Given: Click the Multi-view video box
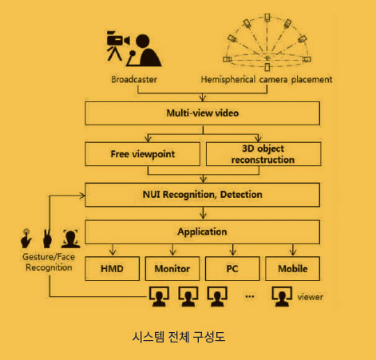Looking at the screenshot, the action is pos(202,113).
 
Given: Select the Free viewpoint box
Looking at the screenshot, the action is pos(143,154).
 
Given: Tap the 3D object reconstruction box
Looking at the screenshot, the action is pos(263,154).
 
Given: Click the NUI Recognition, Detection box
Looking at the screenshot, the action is pos(202,195).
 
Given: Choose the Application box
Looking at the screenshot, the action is pos(202,231).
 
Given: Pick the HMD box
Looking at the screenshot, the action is pos(112,268).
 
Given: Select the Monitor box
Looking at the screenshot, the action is pos(172,268).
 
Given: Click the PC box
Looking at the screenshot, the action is pos(232,268).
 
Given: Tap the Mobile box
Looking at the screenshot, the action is pos(293,268).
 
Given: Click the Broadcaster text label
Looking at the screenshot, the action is pos(134,79).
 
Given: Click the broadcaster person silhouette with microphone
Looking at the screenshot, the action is pos(144,50).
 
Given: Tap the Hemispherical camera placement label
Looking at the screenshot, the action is pos(267,79).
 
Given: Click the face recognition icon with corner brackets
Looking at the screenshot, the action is pos(71,239).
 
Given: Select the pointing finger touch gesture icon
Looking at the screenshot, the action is pos(26,238).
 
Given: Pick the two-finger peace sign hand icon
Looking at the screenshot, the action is pos(47,238).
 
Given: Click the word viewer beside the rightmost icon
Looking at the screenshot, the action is pos(311,297).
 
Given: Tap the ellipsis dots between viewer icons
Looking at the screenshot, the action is pos(250,296).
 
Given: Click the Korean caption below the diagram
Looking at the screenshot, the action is pos(179,337).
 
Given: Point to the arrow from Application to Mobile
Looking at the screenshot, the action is pos(293,250).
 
